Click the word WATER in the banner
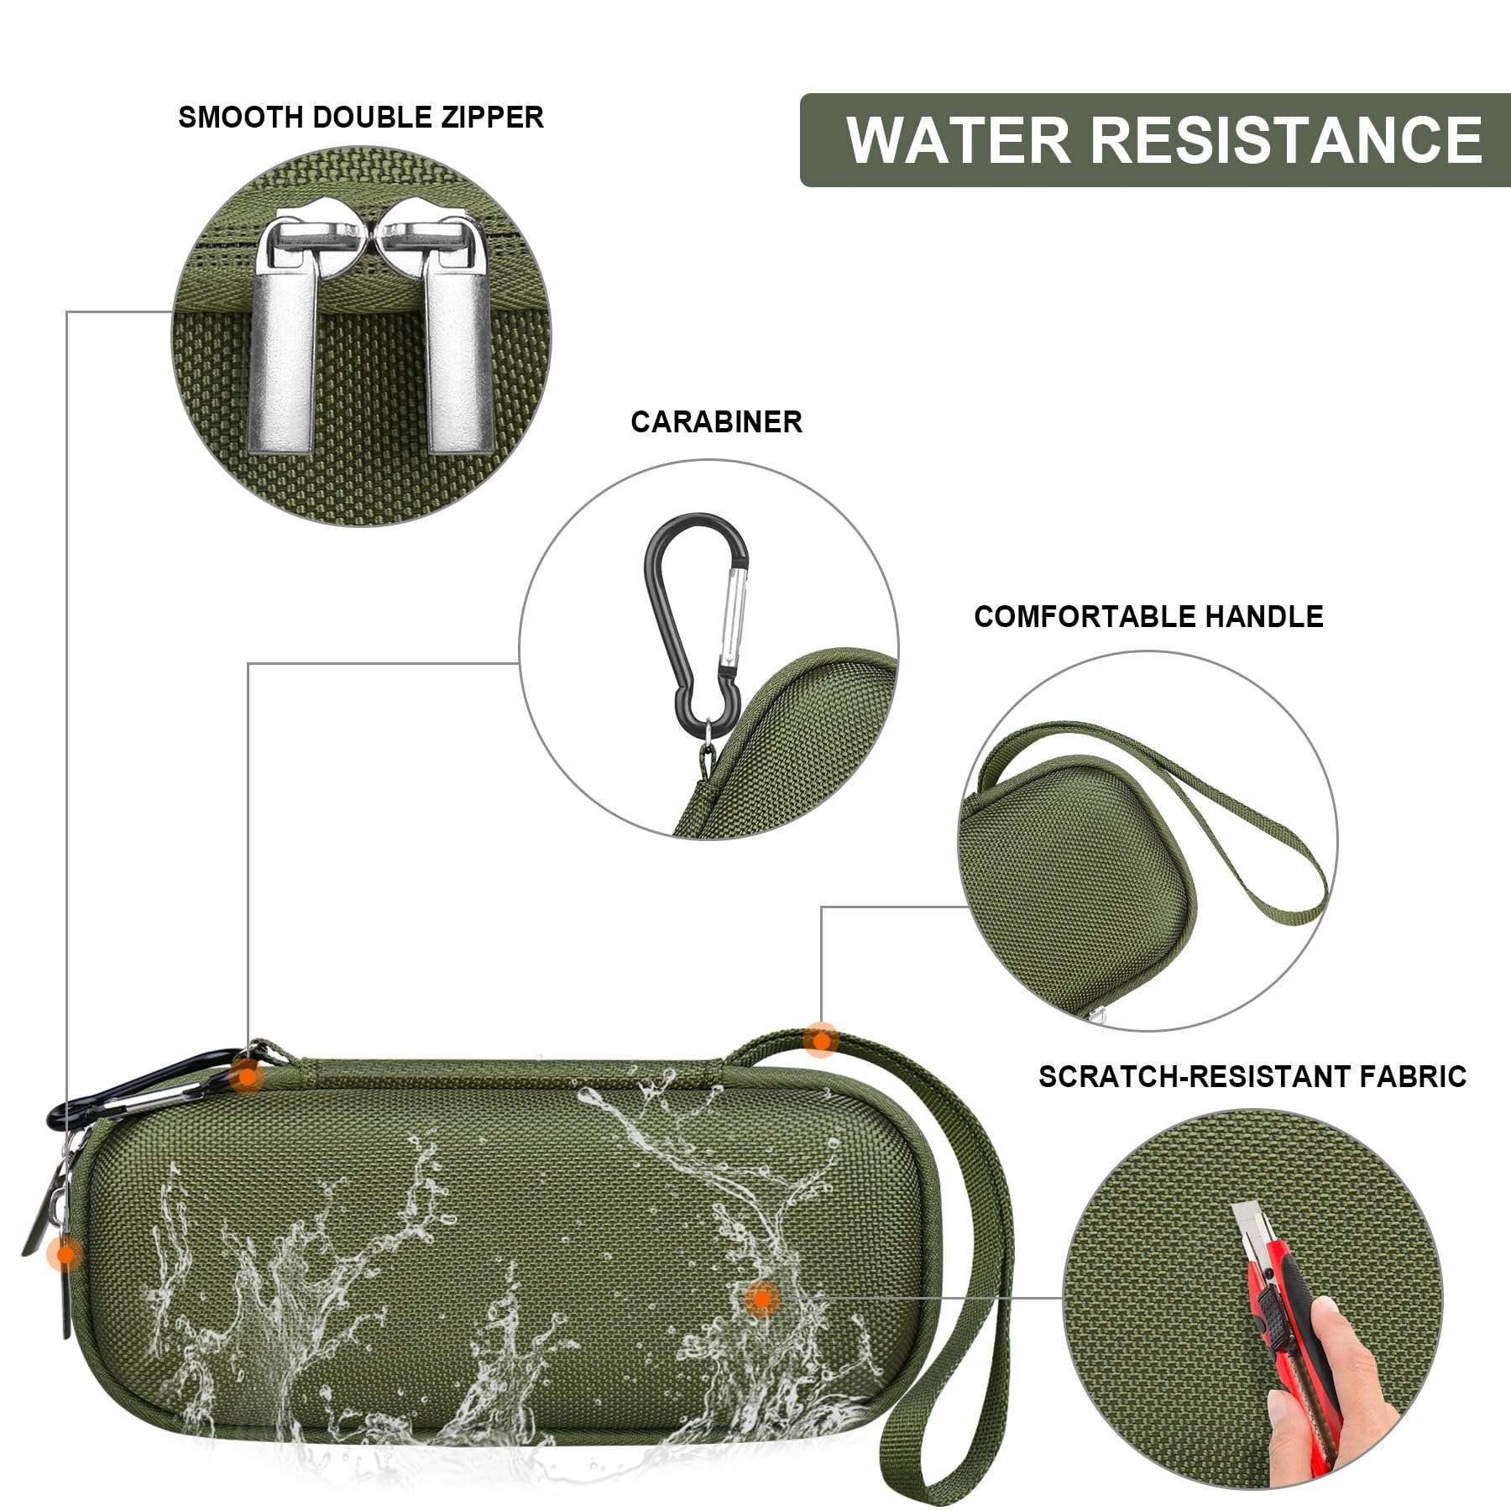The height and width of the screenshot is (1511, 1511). coord(958,139)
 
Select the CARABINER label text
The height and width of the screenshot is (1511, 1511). coord(716,421)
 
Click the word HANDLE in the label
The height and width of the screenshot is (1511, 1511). coord(1264,617)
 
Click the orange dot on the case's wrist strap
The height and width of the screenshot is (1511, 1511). coord(820,1040)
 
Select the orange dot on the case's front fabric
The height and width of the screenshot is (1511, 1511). coord(761,1299)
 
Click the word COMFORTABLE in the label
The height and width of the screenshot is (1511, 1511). coord(1085,617)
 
